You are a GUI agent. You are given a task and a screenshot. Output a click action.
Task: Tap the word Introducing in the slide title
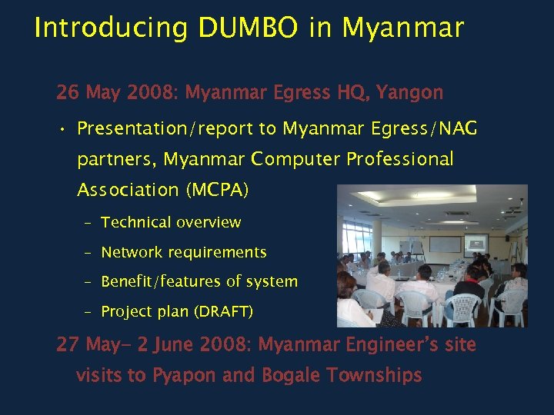click(112, 28)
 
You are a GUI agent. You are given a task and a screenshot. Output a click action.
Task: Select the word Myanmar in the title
click(402, 28)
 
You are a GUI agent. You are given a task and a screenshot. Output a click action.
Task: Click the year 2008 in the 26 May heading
click(151, 93)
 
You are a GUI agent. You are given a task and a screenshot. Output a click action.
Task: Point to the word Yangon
click(410, 93)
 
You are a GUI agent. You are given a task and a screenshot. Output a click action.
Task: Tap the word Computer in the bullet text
click(295, 159)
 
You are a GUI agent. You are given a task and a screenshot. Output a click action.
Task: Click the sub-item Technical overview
click(171, 223)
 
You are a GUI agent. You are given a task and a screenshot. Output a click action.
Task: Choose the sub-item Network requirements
click(184, 252)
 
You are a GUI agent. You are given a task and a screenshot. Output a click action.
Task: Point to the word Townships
click(374, 375)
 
